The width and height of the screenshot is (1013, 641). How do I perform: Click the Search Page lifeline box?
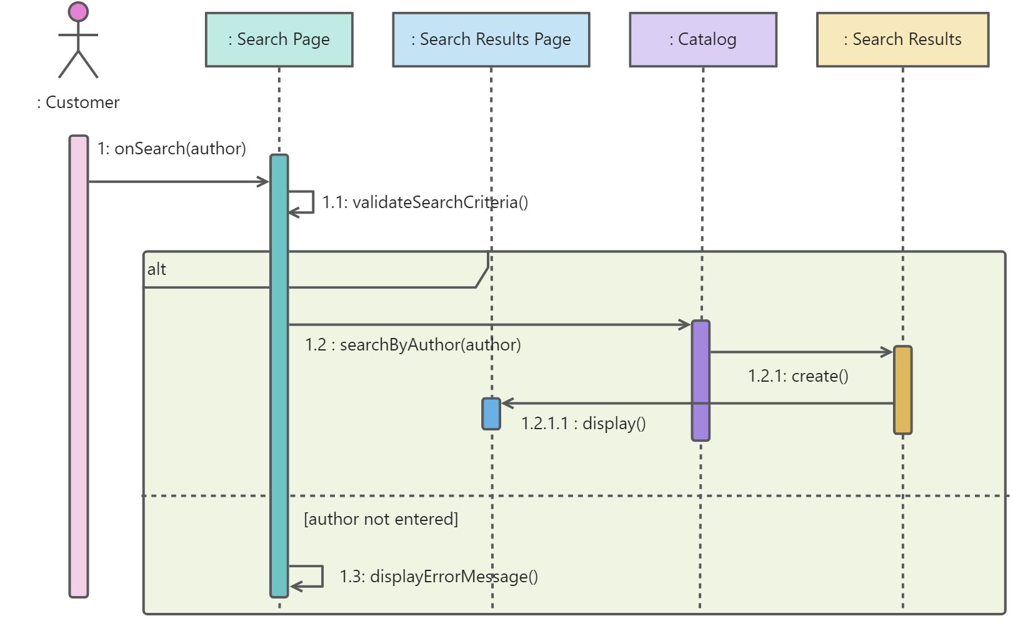[279, 40]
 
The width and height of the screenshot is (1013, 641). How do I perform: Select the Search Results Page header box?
[491, 40]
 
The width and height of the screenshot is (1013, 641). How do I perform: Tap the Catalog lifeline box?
[703, 40]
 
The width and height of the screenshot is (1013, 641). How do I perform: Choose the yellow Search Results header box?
[902, 40]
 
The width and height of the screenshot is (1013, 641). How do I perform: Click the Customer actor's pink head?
[78, 12]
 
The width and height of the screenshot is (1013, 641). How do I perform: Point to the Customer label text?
[78, 102]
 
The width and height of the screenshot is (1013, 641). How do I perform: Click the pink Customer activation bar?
[79, 366]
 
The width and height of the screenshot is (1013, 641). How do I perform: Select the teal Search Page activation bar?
[279, 376]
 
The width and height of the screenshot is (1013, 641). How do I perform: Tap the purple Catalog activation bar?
[701, 380]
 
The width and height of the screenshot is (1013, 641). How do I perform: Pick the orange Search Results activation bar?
[902, 390]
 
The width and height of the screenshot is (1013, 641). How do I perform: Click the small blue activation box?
[491, 414]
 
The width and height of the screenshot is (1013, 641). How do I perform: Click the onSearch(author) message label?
[172, 149]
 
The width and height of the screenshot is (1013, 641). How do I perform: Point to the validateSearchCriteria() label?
[425, 202]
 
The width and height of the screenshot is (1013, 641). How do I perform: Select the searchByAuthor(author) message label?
[413, 345]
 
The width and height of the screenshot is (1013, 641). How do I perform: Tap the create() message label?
[798, 376]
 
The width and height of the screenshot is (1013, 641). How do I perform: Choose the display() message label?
[584, 424]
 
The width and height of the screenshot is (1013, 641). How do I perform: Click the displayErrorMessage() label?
[439, 577]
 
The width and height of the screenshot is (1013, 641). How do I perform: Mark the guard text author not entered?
[381, 519]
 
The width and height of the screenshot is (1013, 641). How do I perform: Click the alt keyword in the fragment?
[156, 269]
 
